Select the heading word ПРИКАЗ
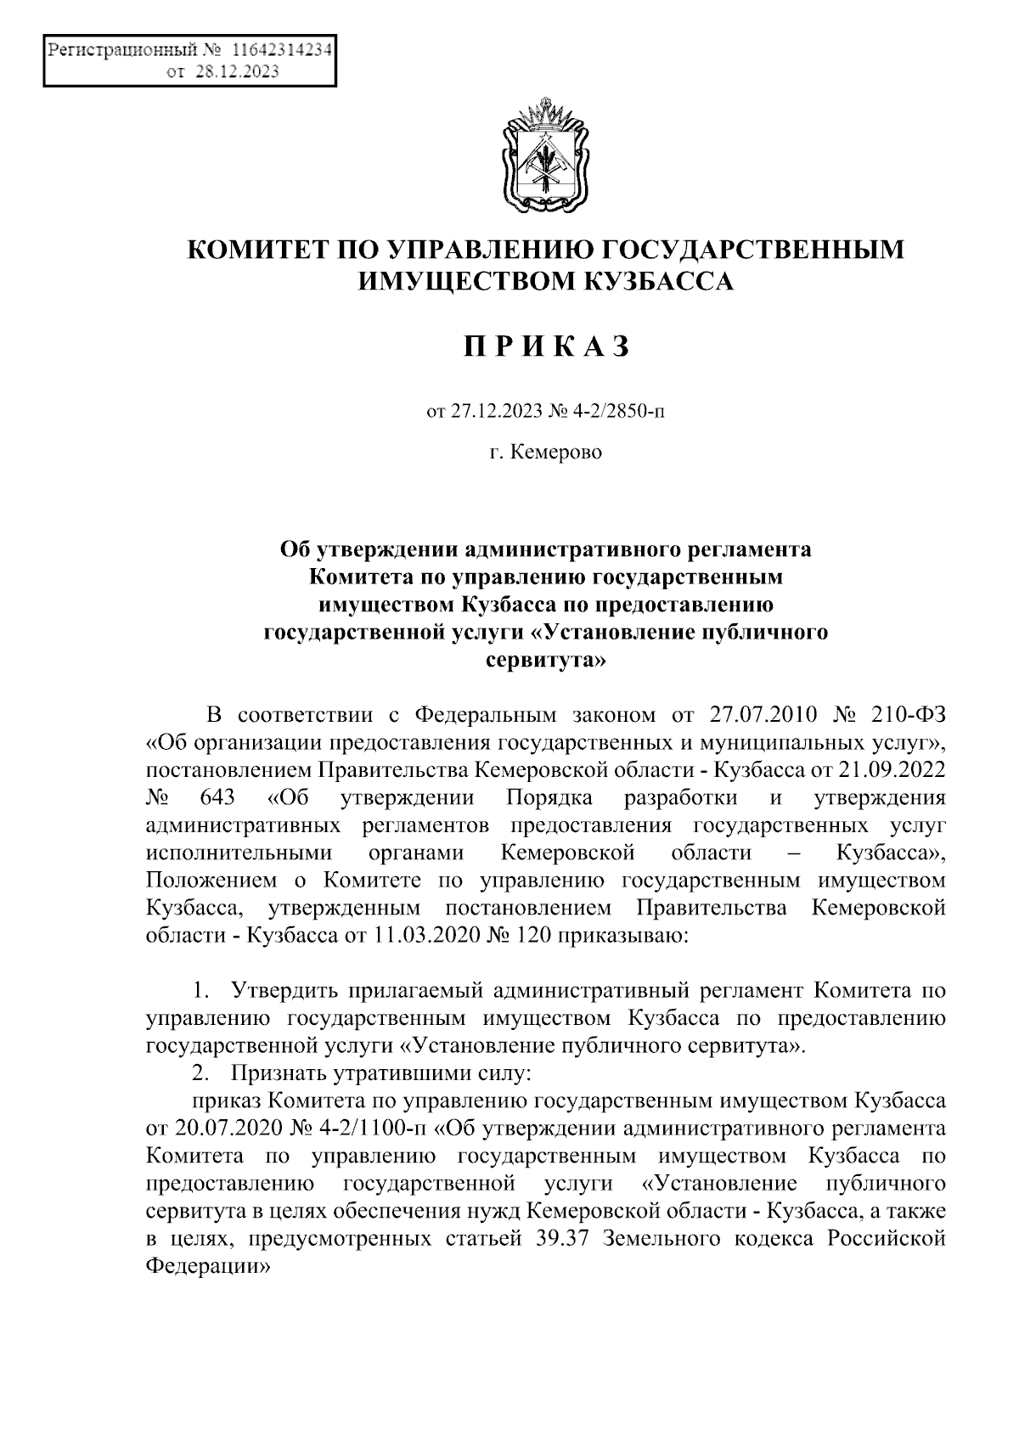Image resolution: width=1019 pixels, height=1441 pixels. tap(546, 346)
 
